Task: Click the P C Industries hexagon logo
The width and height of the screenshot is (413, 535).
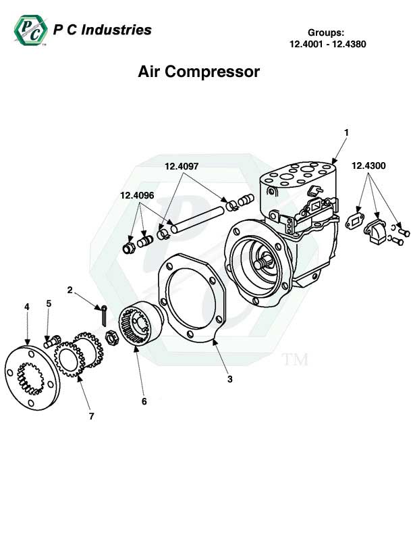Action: click(29, 31)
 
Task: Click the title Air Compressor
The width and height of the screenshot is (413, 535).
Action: click(199, 72)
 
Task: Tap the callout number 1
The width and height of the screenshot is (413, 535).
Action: click(346, 132)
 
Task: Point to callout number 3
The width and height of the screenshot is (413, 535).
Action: click(229, 379)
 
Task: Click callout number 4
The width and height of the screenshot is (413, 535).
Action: click(27, 307)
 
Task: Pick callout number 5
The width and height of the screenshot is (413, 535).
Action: click(49, 304)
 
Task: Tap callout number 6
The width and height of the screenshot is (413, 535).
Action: click(144, 401)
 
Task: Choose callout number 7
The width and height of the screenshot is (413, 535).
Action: click(92, 416)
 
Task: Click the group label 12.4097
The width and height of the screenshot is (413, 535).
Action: click(181, 165)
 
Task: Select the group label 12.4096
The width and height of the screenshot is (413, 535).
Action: click(137, 195)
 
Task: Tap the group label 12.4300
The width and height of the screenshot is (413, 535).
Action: click(368, 165)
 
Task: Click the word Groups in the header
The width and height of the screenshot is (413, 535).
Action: click(327, 32)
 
